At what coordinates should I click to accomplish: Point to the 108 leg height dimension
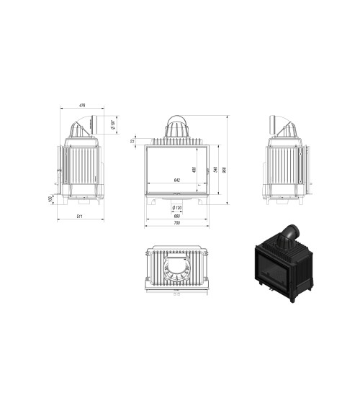50,199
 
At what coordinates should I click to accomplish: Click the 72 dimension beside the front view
132,141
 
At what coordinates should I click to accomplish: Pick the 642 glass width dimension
176,180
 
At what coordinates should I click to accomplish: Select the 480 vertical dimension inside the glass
194,170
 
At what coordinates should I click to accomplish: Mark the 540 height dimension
217,169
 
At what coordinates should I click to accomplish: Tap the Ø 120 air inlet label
176,208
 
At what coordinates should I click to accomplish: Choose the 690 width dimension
176,215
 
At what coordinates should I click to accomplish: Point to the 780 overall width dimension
176,223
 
